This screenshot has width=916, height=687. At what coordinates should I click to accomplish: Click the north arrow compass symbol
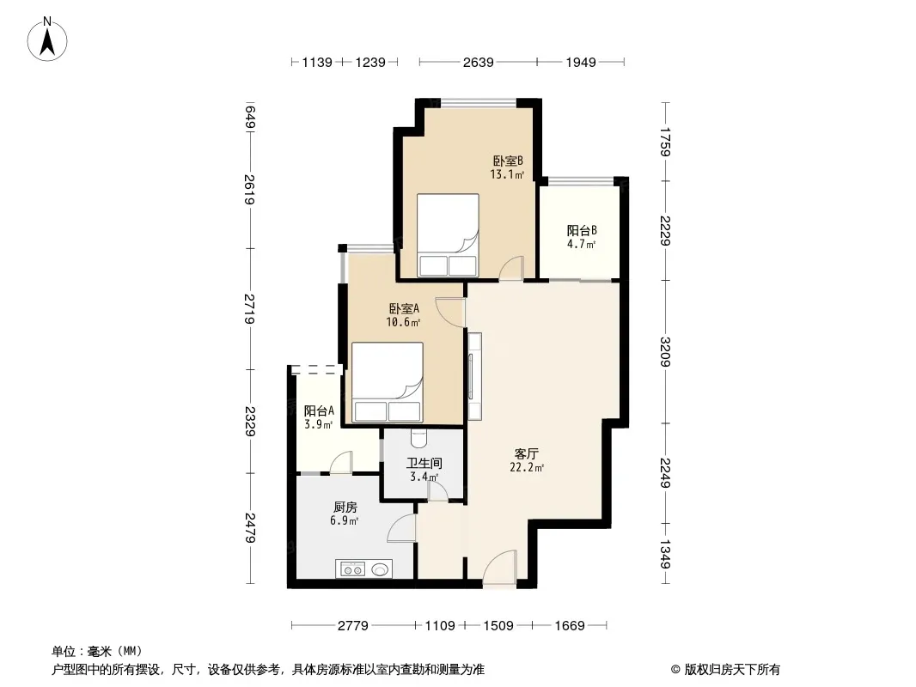click(x=47, y=40)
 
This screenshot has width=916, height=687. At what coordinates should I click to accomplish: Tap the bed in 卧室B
click(x=448, y=235)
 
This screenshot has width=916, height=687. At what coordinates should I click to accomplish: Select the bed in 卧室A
click(x=388, y=382)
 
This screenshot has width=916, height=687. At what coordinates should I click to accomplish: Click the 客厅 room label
click(x=527, y=453)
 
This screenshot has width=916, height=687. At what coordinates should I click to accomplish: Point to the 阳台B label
click(x=582, y=230)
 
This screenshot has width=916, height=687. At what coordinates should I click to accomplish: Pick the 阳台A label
click(x=319, y=411)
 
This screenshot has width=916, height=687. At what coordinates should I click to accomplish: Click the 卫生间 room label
click(x=424, y=464)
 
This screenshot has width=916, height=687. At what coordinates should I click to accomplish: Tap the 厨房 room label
click(x=345, y=508)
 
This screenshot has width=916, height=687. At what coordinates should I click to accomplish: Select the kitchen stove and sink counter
click(x=363, y=568)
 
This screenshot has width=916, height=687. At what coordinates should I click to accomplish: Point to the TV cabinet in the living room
click(x=474, y=376)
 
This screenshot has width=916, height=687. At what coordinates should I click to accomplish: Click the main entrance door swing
click(x=500, y=567)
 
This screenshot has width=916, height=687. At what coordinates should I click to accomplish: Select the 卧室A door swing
click(x=449, y=313)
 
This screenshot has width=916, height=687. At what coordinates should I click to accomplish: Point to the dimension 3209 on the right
click(x=665, y=352)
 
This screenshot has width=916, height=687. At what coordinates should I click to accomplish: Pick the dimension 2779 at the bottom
click(x=353, y=626)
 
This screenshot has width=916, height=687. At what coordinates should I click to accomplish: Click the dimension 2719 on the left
click(x=249, y=309)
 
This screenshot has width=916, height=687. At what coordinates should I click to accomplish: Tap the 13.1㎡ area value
click(x=507, y=174)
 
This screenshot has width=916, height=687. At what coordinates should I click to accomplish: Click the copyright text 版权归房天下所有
click(x=732, y=670)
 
